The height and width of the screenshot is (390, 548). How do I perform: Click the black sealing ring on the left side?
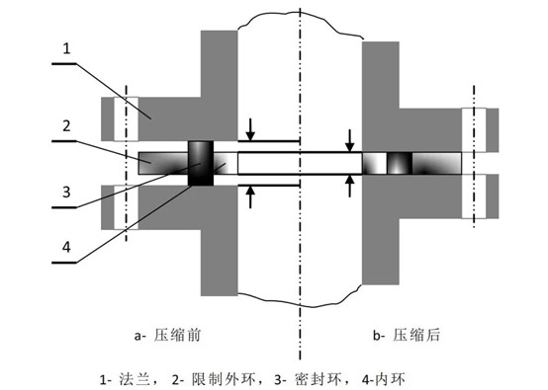click(200, 164)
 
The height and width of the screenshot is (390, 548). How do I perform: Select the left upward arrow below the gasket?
click(251, 196)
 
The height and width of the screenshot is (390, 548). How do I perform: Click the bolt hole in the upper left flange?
click(127, 121)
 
